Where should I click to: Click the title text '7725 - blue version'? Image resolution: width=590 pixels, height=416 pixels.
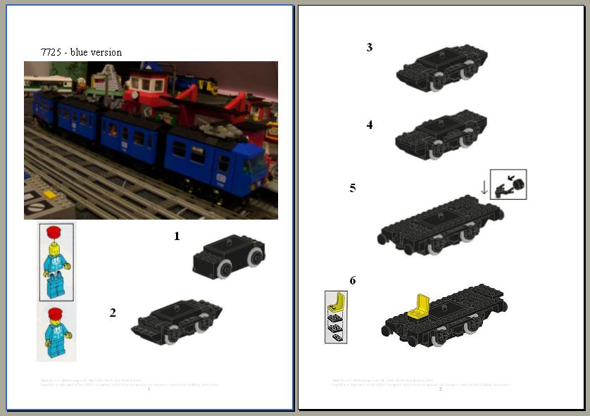[81, 52]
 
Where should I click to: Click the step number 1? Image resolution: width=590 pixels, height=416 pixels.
[177, 237]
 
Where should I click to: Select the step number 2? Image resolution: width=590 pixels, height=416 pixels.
[113, 313]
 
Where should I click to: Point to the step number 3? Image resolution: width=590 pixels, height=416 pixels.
[370, 48]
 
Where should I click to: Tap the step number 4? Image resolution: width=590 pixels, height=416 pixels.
[370, 125]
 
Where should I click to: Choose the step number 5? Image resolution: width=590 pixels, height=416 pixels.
[353, 188]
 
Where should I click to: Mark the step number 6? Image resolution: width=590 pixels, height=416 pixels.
[353, 281]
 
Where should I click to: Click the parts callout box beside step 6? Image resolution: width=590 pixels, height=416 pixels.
[336, 317]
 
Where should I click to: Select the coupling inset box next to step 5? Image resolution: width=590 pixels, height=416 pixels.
[508, 184]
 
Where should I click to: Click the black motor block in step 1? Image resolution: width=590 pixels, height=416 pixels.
[229, 257]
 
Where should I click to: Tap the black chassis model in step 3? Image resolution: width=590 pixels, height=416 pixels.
[441, 69]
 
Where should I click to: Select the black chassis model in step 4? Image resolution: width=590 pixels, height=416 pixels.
[441, 134]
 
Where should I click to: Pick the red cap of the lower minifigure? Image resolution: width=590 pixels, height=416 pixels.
[56, 313]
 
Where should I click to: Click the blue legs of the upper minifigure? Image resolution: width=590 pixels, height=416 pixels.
[56, 286]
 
